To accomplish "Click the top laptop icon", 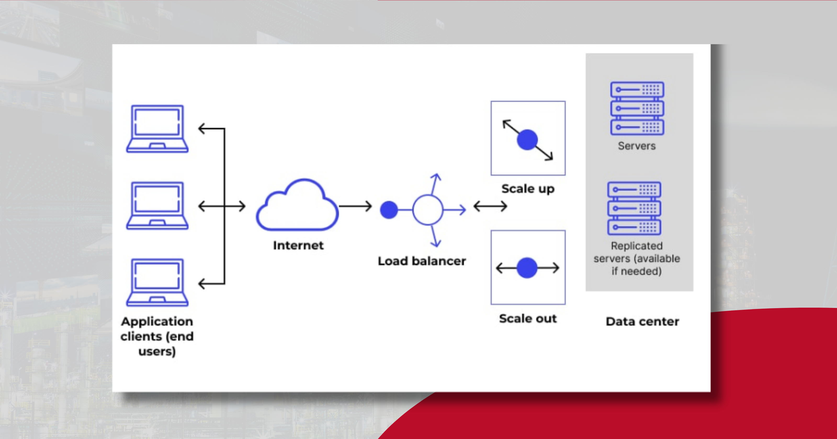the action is pos(157,128).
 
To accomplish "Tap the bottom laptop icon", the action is pos(157,282).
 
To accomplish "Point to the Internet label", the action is pos(298,245).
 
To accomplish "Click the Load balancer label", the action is pos(422,261).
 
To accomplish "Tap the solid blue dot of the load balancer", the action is pos(389,210).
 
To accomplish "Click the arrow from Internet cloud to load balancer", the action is pos(355,206).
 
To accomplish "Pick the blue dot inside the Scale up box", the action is pos(527,140).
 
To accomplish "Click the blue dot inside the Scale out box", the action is pos(527,268).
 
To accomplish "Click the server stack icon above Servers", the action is pos(637,108).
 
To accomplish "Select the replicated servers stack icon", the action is pos(634,208).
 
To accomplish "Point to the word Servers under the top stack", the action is pos(637,146).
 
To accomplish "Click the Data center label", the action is pos(642,321).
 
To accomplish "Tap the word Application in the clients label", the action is pos(157,321).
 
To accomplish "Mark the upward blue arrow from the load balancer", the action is pos(434,184).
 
